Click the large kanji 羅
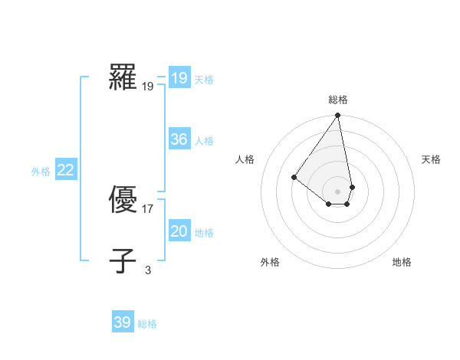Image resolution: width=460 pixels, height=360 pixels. tap(123, 77)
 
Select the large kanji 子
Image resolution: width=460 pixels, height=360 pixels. tap(123, 260)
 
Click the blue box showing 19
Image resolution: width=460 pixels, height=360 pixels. tap(179, 78)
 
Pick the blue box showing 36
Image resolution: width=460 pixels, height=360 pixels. tap(179, 139)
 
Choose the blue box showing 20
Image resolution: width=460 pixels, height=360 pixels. tap(179, 232)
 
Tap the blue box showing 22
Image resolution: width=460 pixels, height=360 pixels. tap(66, 171)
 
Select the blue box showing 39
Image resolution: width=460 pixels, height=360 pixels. tap(123, 322)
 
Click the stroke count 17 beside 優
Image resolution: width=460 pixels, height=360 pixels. tap(148, 208)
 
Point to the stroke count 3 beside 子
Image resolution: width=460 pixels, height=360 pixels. tap(148, 270)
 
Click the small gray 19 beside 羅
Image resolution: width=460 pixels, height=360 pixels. tap(148, 87)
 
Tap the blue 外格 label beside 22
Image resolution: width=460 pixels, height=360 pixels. tap(41, 172)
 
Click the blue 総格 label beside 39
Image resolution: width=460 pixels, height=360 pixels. tap(147, 324)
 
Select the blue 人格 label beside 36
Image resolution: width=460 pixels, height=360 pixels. tap(204, 141)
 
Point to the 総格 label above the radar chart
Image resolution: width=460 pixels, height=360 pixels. tap(338, 100)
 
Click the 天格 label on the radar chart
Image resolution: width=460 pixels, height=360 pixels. tap(431, 159)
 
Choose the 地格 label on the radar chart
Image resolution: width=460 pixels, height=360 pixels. tap(402, 263)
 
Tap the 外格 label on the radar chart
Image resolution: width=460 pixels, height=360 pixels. tap(270, 263)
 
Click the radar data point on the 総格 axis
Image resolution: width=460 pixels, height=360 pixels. tap(338, 116)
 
